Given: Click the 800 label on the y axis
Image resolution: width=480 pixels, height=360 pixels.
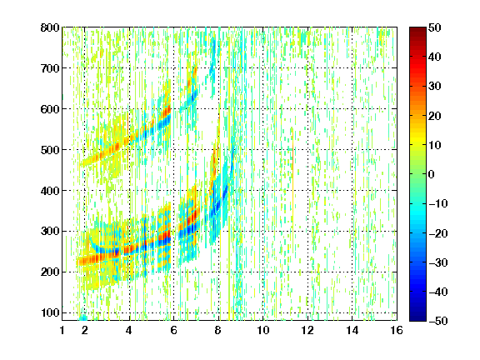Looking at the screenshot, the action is [x=50, y=27].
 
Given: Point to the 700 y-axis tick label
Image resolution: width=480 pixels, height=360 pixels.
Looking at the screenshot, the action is [x=50, y=68].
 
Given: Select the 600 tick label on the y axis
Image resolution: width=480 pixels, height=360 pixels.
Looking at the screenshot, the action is [x=50, y=109].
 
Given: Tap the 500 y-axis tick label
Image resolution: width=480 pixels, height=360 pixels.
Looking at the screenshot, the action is [x=50, y=150].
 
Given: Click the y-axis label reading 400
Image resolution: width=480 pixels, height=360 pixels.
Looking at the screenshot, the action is [x=50, y=191].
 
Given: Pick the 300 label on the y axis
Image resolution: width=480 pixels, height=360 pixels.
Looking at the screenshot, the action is [x=50, y=232].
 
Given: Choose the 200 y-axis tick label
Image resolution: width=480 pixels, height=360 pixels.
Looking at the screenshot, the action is [x=50, y=272].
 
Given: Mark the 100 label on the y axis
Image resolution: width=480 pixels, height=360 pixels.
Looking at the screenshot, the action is [x=50, y=312].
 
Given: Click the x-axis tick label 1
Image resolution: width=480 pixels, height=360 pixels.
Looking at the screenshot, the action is [x=62, y=330].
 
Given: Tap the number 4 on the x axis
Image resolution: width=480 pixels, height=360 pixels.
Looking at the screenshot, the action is [x=129, y=330].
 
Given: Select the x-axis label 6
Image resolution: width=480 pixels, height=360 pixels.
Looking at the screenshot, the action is [x=173, y=330].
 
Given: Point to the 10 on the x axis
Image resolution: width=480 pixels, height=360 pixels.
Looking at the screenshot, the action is [x=262, y=330].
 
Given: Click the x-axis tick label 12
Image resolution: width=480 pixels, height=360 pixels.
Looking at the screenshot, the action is [x=307, y=330].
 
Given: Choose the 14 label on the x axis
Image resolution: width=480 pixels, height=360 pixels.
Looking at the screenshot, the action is [x=352, y=330].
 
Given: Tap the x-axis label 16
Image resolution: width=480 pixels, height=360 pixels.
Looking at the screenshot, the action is [x=397, y=330].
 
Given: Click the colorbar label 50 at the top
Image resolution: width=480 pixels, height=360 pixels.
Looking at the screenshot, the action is [x=435, y=27].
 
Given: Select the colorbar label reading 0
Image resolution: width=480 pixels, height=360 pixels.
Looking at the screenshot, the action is [x=432, y=174].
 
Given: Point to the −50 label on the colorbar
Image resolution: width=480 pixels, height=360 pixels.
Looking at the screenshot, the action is [x=438, y=321].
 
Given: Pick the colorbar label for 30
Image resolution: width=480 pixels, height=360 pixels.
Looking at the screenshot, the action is [x=435, y=87].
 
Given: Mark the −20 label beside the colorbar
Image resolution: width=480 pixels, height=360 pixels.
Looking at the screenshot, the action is [x=438, y=233].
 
